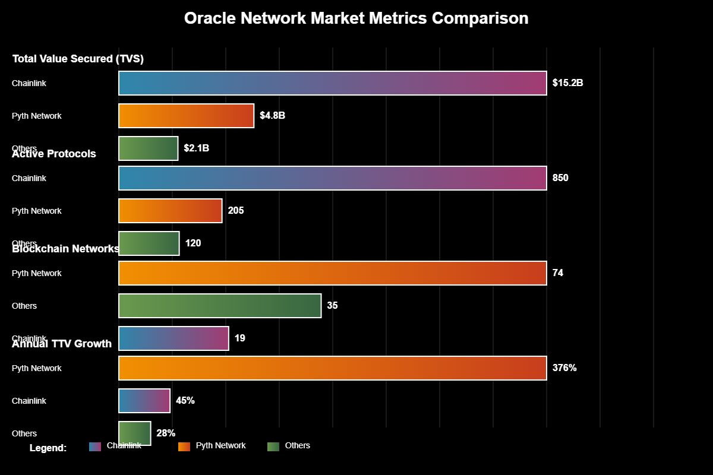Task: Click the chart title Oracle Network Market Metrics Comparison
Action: coord(356,18)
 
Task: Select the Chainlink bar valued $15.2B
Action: coord(332,83)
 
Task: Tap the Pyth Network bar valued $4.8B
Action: coord(186,116)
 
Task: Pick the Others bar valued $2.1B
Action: coord(148,148)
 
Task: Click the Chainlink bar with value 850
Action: coord(332,178)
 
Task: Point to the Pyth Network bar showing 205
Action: coord(170,211)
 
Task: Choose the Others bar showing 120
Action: coord(149,243)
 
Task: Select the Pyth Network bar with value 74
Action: coord(332,273)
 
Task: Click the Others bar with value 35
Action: coord(220,306)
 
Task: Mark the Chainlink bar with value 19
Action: coord(173,338)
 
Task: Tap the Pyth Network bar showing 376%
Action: coord(332,368)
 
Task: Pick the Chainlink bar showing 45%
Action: coord(144,401)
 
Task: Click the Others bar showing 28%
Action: coord(135,433)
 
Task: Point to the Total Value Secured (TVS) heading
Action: coord(78,59)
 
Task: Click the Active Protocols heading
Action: coord(54,154)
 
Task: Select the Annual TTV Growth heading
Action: coord(62,344)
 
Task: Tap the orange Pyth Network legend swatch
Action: coord(184,446)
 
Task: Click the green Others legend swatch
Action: coord(273,446)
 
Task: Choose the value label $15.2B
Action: coord(567,83)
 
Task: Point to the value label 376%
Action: coord(564,368)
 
